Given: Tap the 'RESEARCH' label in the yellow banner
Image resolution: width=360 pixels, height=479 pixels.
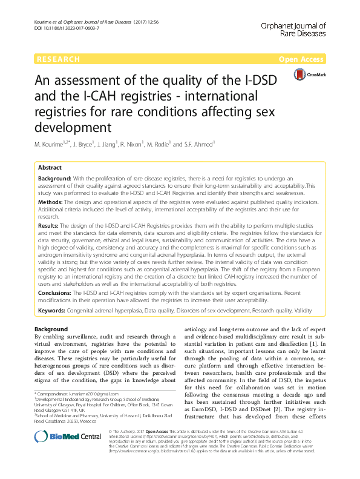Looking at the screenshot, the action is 58,59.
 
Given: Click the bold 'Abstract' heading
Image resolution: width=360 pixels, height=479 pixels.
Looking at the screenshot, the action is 50,167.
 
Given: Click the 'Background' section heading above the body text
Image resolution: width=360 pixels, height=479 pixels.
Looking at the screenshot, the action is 51,329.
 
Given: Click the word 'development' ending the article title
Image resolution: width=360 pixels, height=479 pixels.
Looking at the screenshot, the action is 72,128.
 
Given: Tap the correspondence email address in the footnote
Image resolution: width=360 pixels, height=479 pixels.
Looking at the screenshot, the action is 97,394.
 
